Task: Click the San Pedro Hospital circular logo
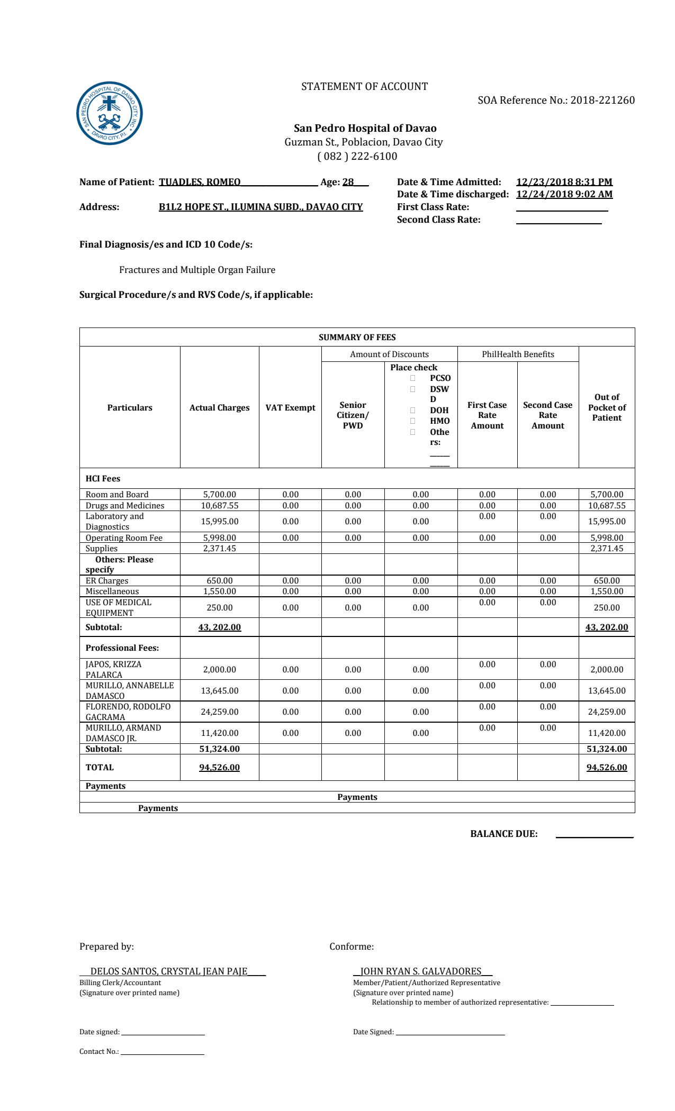tap(110, 113)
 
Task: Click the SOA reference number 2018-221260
tap(602, 101)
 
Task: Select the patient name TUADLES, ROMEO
tap(200, 183)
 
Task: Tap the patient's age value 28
tap(348, 183)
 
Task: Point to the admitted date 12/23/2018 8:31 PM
tap(564, 182)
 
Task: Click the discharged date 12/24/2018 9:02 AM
tap(564, 194)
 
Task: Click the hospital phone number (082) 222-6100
tap(357, 157)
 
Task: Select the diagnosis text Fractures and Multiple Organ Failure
tap(197, 270)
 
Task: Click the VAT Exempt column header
tap(290, 408)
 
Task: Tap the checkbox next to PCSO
tap(412, 378)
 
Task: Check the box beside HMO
tap(412, 421)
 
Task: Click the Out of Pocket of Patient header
tap(607, 407)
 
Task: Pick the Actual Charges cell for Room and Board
tap(219, 495)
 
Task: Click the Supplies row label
tap(102, 549)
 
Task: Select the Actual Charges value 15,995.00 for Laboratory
tap(219, 522)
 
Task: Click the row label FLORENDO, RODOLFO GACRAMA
tap(128, 712)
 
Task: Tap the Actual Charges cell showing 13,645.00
tap(219, 691)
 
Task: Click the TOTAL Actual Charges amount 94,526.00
tap(219, 768)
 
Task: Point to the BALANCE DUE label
tap(503, 834)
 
